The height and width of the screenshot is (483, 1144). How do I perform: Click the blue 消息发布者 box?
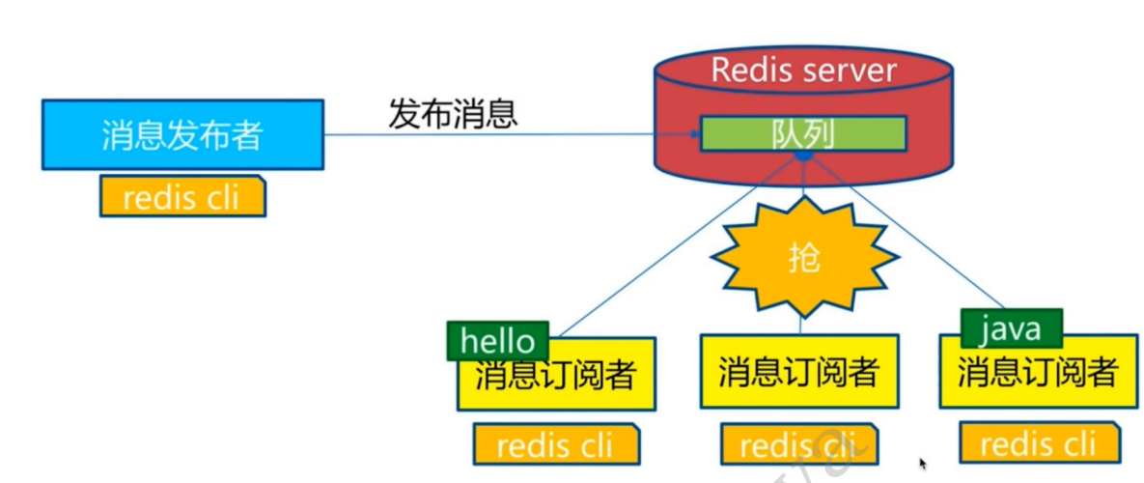(181, 134)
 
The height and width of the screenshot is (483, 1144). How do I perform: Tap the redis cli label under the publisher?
(181, 197)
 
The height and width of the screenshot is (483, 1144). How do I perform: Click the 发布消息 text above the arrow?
(453, 114)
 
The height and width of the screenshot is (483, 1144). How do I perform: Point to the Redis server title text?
(803, 70)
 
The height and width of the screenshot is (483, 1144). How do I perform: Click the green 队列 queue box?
(803, 134)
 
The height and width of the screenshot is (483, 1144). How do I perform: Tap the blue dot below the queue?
(803, 156)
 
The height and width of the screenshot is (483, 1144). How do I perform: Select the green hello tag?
(497, 340)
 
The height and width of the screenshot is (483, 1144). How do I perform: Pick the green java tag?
(1011, 328)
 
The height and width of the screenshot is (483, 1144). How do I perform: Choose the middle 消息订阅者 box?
(799, 372)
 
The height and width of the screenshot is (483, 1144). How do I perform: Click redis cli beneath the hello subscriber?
(555, 445)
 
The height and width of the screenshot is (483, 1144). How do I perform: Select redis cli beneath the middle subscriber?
(799, 445)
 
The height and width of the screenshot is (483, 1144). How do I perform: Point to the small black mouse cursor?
(923, 464)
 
